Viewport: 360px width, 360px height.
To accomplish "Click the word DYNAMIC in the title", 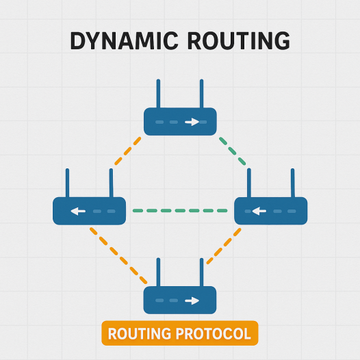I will click(122, 40).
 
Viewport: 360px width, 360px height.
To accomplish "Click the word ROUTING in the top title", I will click(234, 40).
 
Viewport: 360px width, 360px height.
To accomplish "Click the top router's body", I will click(180, 121).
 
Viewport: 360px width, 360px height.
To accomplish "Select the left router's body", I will click(90, 211).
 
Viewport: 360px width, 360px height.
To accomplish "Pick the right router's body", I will click(271, 211).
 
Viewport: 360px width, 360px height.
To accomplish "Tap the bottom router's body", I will click(180, 300).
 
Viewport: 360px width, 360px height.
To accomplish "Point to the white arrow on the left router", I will click(77, 211).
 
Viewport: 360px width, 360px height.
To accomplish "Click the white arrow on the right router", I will click(258, 211).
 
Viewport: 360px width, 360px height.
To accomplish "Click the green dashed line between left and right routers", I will click(180, 210).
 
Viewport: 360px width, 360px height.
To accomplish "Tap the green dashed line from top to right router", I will click(233, 151).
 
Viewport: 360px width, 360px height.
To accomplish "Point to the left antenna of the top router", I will click(158, 93).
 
